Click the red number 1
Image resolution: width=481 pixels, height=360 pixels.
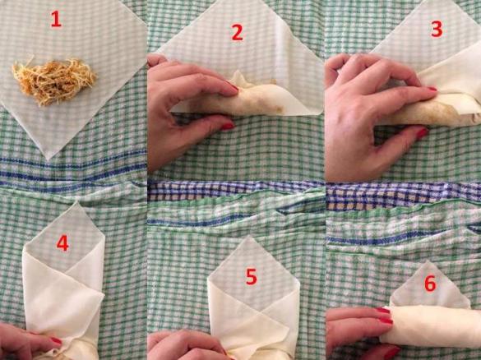pyautogui.click(x=56, y=20)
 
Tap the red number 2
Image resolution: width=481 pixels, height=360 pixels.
pyautogui.click(x=237, y=33)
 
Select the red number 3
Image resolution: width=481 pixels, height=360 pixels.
pyautogui.click(x=437, y=29)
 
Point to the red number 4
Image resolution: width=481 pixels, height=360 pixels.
pyautogui.click(x=62, y=244)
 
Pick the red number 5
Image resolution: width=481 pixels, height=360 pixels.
pyautogui.click(x=252, y=277)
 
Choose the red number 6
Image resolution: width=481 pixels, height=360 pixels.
pyautogui.click(x=430, y=284)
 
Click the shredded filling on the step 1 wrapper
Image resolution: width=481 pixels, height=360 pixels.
pyautogui.click(x=54, y=81)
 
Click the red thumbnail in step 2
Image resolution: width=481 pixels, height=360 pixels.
pyautogui.click(x=227, y=126)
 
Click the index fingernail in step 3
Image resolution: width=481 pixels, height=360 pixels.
pyautogui.click(x=432, y=89)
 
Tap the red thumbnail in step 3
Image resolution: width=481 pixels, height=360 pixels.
pyautogui.click(x=422, y=133)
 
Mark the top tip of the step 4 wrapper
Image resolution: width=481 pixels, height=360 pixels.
pyautogui.click(x=77, y=201)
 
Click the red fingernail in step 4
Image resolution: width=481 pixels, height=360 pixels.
pyautogui.click(x=56, y=340)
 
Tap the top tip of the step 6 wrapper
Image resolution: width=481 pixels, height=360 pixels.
pyautogui.click(x=428, y=261)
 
